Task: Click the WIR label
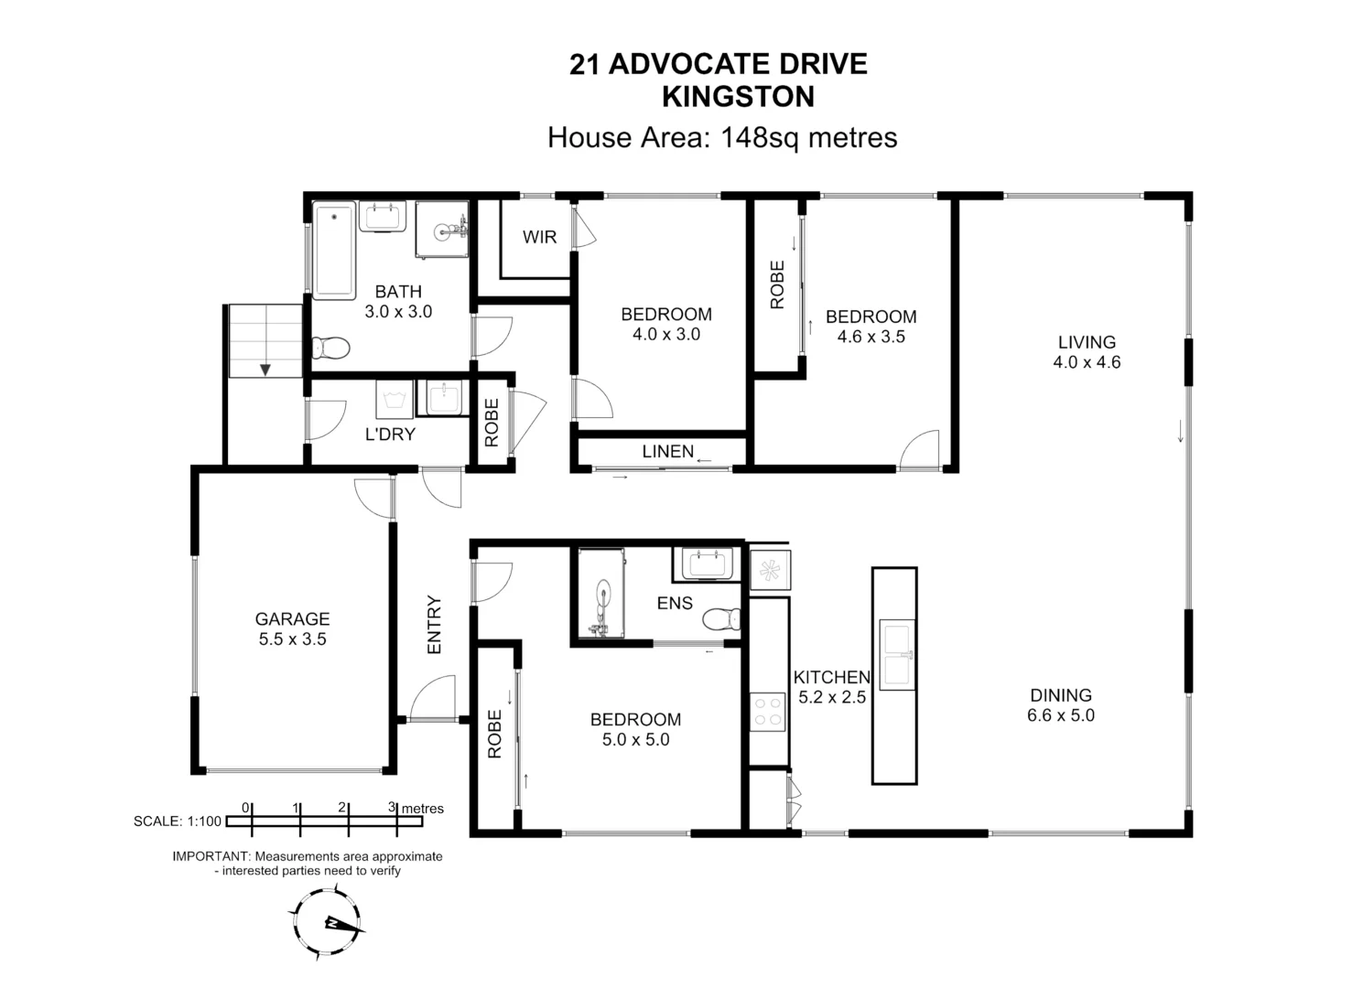click(539, 238)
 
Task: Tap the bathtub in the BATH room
click(334, 251)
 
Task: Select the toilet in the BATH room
click(330, 349)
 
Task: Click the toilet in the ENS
click(721, 619)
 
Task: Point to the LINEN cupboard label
click(667, 451)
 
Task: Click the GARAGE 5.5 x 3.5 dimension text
click(292, 639)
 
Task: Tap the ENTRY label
click(435, 625)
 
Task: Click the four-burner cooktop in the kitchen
click(767, 712)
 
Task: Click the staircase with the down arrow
click(265, 341)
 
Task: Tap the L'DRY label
click(390, 435)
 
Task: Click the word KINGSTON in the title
click(738, 96)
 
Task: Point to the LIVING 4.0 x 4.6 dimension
click(1087, 362)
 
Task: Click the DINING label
click(1060, 695)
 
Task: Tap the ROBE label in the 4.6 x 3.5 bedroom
click(777, 285)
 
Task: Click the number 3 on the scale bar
click(392, 807)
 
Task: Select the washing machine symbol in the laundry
click(395, 400)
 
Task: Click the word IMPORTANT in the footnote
click(211, 857)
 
